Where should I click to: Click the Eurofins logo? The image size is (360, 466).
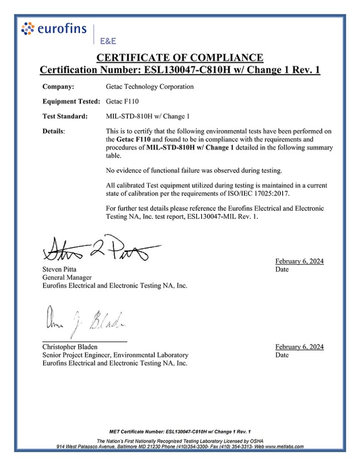tap(54, 29)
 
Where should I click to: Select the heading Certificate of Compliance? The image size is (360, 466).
tap(180, 58)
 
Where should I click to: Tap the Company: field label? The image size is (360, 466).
tap(58, 86)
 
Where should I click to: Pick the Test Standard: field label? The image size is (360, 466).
tap(65, 116)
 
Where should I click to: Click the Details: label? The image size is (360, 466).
tap(54, 131)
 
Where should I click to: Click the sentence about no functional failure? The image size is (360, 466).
tap(194, 171)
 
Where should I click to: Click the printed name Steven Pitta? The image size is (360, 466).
tap(59, 269)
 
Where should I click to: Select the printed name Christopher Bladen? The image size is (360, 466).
tap(70, 347)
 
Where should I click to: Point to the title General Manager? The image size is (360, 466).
tap(67, 277)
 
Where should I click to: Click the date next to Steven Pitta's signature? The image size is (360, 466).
tap(299, 261)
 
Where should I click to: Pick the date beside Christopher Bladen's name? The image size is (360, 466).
tap(299, 347)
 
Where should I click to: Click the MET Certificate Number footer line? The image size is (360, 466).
tap(180, 431)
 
